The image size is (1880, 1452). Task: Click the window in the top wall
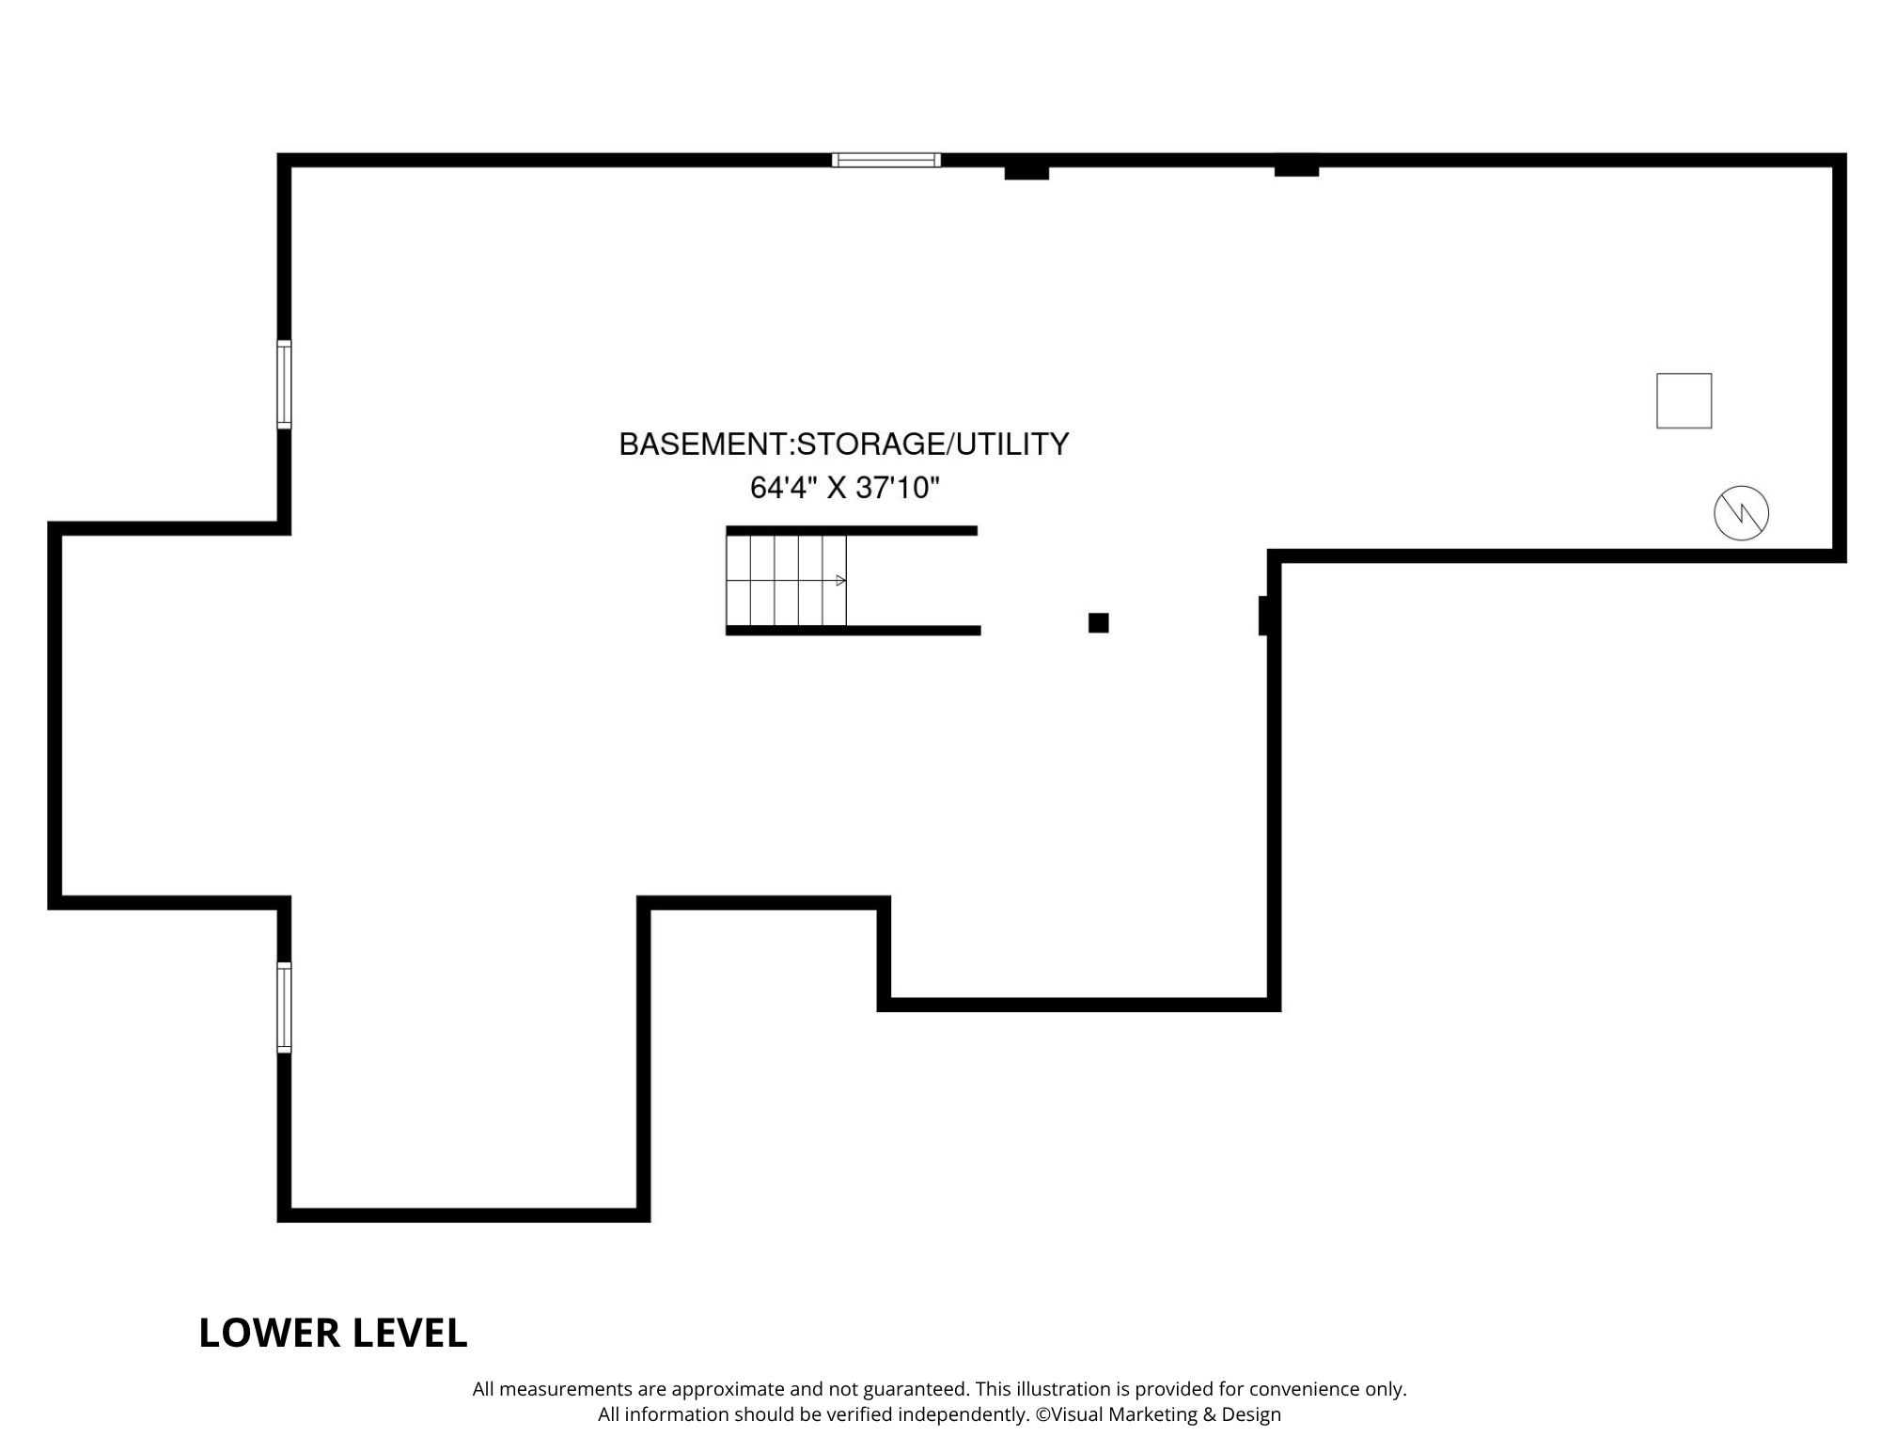click(885, 160)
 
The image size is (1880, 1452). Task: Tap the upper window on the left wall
click(284, 384)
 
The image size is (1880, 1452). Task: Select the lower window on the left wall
click(284, 1007)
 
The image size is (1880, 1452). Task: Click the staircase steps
click(787, 580)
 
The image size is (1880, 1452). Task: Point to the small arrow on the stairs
click(840, 580)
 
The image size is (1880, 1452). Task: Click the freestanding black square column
click(1098, 622)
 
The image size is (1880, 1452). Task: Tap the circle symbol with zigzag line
click(1741, 513)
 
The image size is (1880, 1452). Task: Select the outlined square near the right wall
click(1684, 400)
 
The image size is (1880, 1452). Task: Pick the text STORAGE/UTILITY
click(932, 445)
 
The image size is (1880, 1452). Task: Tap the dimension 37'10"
click(899, 488)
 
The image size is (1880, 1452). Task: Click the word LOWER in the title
click(269, 1333)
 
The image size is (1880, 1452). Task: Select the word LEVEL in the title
click(409, 1333)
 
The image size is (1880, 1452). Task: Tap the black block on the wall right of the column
click(1264, 616)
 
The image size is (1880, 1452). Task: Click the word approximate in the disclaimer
click(727, 1389)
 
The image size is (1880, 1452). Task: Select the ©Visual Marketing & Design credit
click(1158, 1414)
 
